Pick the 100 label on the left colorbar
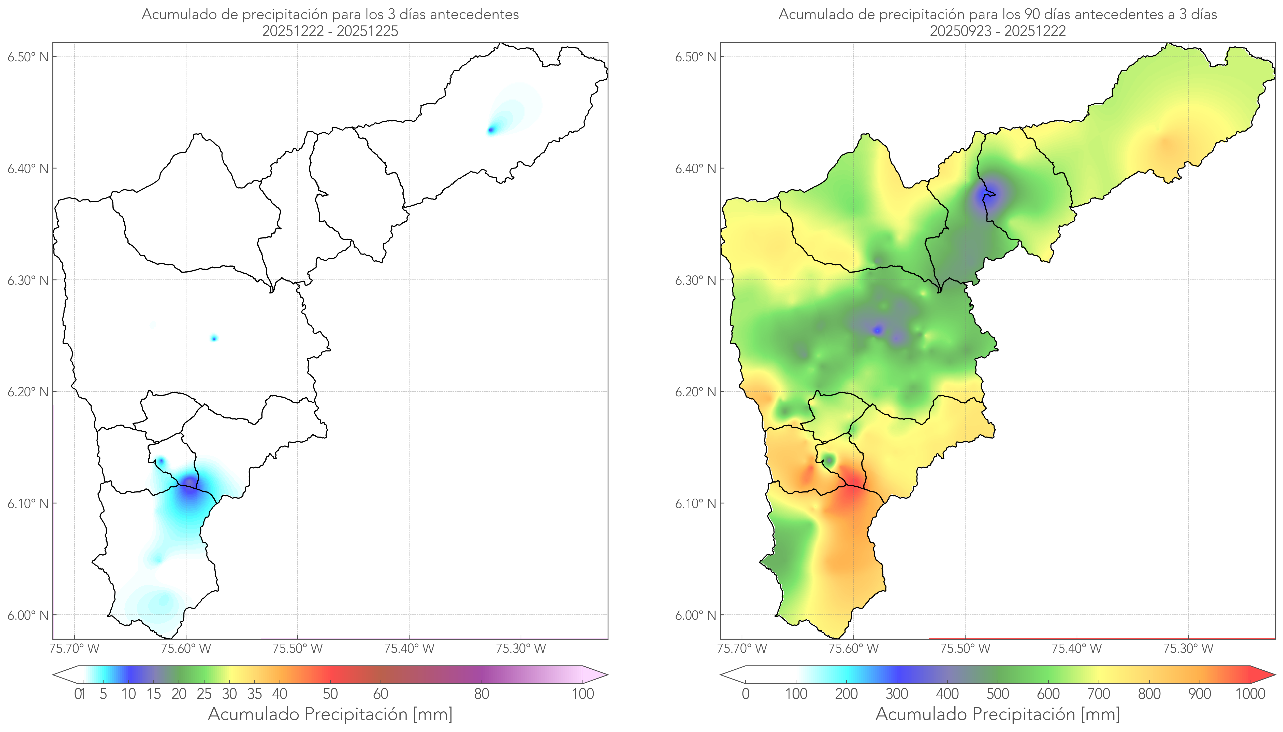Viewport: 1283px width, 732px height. pos(583,694)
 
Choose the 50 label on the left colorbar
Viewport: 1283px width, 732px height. pos(330,694)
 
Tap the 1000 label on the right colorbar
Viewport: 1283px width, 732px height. pos(1250,694)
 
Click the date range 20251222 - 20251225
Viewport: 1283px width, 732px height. pos(330,31)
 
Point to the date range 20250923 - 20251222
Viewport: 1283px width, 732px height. pos(998,31)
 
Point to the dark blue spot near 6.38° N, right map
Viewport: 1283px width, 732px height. pos(989,194)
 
